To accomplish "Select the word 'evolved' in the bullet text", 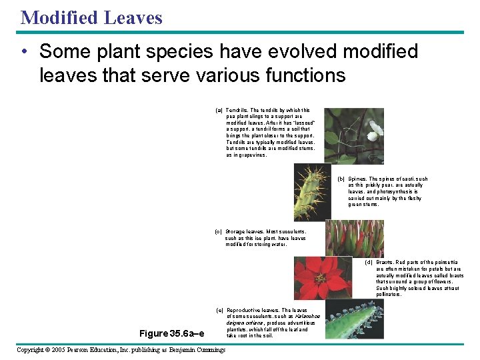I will pyautogui.click(x=283, y=51).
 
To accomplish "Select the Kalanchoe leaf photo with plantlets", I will pyautogui.click(x=354, y=320).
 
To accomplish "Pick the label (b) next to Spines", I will pyautogui.click(x=341, y=179).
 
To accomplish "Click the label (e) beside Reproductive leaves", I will pyautogui.click(x=220, y=311).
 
